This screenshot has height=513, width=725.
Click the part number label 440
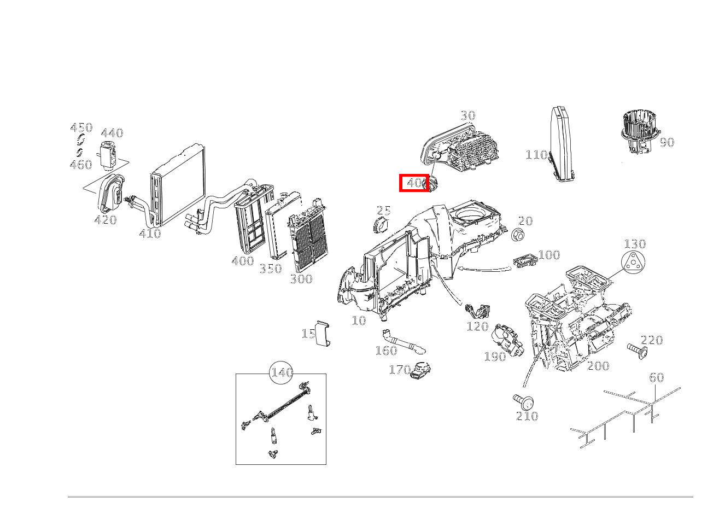pos(112,133)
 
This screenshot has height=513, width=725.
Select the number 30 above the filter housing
pos(467,115)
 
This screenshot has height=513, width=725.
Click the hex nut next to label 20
pos(518,235)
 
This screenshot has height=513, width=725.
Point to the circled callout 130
pos(634,244)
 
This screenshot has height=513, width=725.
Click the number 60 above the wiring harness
pos(656,377)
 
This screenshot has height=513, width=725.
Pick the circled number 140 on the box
pos(282,372)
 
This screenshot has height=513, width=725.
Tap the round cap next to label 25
pos(380,224)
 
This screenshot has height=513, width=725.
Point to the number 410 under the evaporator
pos(150,234)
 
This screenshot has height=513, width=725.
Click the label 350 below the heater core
pos(270,269)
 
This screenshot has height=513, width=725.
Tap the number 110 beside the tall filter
pos(536,155)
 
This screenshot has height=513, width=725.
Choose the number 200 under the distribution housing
pos(598,366)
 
